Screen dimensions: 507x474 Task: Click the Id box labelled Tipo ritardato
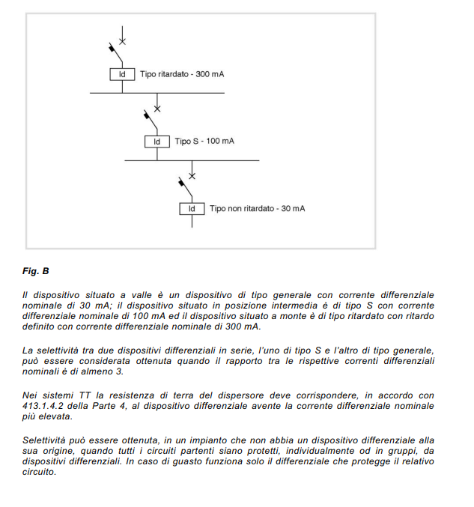tap(122, 75)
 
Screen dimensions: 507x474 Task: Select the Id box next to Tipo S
tap(157, 142)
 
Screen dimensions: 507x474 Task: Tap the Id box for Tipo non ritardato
tap(192, 208)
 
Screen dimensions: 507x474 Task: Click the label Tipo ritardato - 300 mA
tap(181, 75)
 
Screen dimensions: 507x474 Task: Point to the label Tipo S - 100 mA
tap(204, 142)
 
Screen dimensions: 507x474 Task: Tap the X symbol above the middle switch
tap(157, 109)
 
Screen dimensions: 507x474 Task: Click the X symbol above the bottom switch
tap(192, 175)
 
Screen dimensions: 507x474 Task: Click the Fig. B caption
tap(35, 270)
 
